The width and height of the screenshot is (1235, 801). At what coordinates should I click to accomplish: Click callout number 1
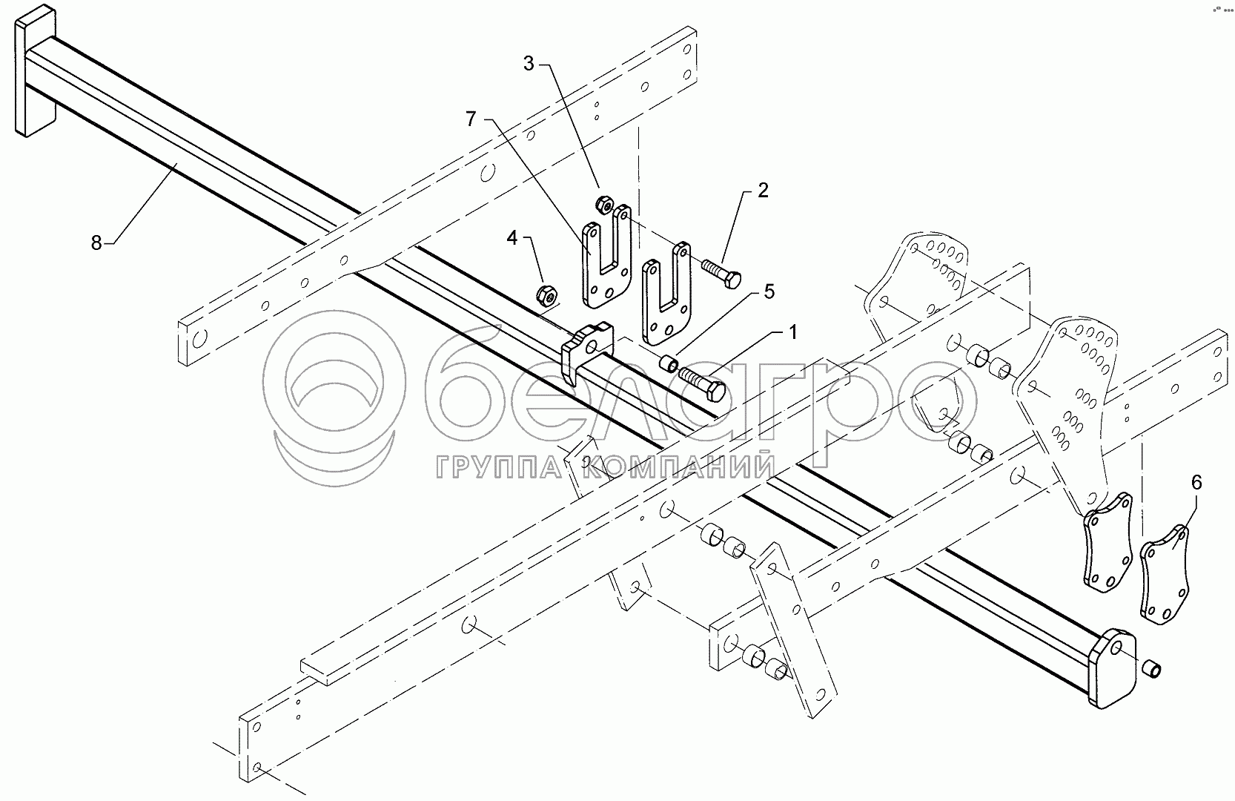click(x=792, y=334)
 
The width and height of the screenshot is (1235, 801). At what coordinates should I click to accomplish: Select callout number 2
click(x=761, y=191)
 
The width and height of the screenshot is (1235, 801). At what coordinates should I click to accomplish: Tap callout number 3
click(x=529, y=64)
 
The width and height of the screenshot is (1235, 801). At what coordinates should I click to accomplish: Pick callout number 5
click(x=769, y=292)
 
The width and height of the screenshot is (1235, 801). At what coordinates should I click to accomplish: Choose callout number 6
click(x=1196, y=482)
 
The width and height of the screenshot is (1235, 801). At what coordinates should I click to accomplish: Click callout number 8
click(x=96, y=243)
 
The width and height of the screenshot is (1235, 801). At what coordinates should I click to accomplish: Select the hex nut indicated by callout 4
click(x=547, y=294)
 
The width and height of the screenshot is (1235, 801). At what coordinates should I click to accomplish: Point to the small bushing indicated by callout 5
click(x=669, y=364)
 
